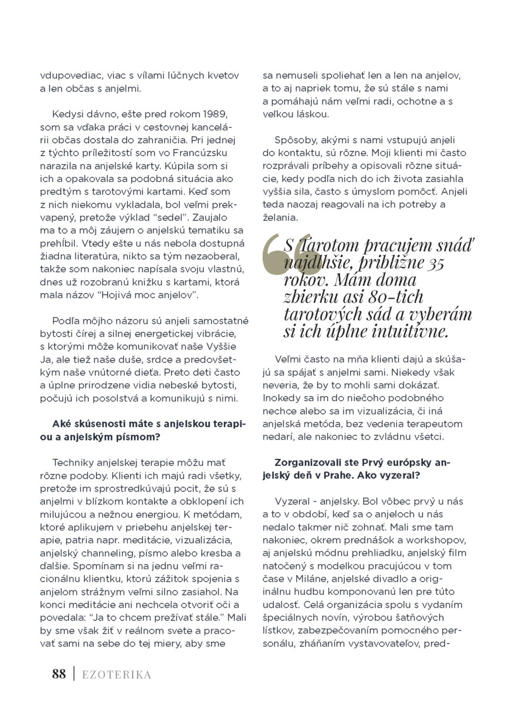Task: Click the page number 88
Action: click(59, 674)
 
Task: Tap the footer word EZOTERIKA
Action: click(117, 675)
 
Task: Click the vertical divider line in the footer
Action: click(74, 674)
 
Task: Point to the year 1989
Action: click(213, 113)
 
